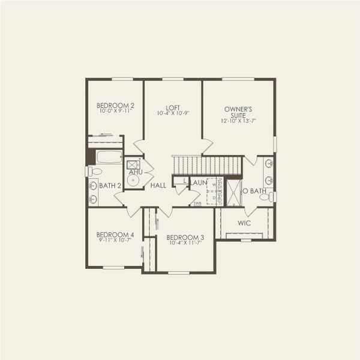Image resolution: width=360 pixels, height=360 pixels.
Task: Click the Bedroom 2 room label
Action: click(115, 105)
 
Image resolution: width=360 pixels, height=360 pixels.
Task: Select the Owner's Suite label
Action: click(238, 112)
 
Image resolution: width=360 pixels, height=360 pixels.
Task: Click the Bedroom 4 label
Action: click(115, 234)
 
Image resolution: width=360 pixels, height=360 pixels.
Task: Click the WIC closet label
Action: click(244, 223)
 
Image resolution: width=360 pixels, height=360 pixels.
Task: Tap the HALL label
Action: click(158, 186)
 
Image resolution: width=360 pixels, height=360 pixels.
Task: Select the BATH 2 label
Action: click(110, 186)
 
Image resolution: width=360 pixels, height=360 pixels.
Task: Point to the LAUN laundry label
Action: click(199, 182)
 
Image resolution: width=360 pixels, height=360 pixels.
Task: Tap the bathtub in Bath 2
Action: click(109, 157)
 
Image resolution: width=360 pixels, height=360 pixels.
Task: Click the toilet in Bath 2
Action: click(94, 172)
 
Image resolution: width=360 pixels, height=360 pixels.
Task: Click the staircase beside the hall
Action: click(207, 164)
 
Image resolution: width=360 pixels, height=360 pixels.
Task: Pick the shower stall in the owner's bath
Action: click(233, 193)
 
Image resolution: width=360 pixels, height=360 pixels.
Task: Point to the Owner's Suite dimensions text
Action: click(238, 121)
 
